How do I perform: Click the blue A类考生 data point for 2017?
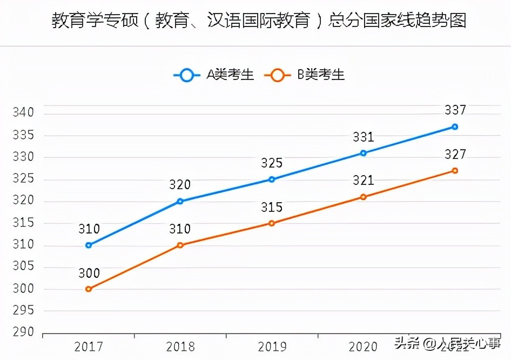coord(89,245)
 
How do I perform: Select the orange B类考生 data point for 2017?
coord(89,289)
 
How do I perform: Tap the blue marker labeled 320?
coord(180,201)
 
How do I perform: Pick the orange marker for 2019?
coord(272,223)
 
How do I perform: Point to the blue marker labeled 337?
coord(455,126)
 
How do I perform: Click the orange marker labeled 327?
coord(455,170)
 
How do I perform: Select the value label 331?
coord(364,137)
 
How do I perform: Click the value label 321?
coord(364,181)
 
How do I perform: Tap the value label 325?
coord(272,163)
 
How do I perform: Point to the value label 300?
coord(89,273)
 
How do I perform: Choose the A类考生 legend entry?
coord(214,75)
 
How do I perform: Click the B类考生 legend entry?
coord(305,75)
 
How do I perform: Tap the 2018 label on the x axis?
coord(180,346)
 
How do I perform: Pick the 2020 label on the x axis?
coord(364,346)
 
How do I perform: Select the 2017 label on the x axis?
coord(89,346)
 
